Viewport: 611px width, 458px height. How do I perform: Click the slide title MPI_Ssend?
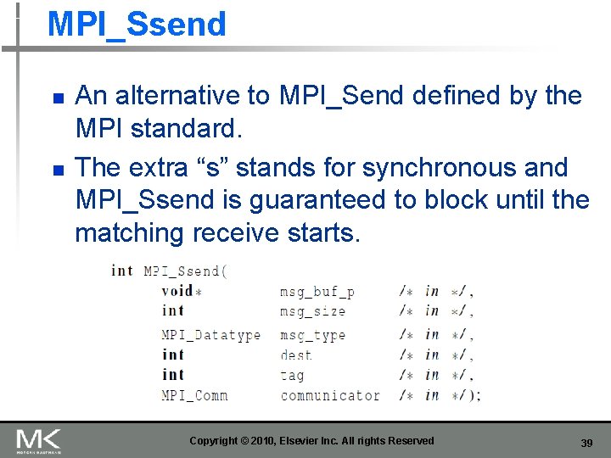point(137,24)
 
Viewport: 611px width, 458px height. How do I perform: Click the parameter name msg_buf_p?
point(317,292)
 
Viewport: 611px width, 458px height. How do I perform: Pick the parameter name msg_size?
point(313,311)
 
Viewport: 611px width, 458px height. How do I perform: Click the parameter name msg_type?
point(313,335)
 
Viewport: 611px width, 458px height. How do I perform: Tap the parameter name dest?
point(296,355)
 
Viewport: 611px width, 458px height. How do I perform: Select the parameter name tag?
point(292,375)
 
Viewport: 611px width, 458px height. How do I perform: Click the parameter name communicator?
point(330,395)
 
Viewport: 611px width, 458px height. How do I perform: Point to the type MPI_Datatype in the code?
point(211,335)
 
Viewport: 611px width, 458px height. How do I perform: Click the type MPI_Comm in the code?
point(194,395)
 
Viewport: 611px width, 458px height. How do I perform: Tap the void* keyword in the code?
point(181,292)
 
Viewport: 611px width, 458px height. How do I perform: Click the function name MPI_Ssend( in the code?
point(185,271)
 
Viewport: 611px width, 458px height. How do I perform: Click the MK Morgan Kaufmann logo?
point(39,441)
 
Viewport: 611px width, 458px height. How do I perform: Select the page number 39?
point(586,444)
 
